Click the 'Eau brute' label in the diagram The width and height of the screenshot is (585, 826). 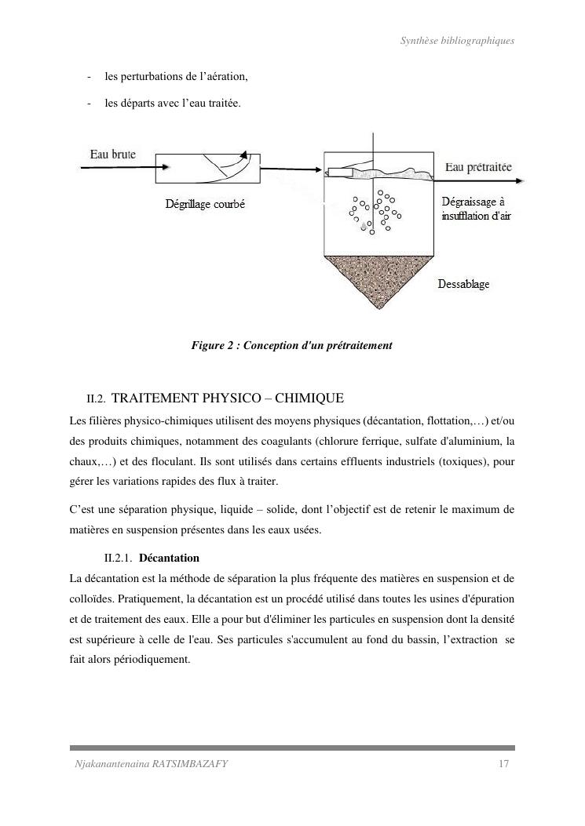coord(112,155)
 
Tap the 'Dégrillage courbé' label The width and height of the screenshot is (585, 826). coord(205,204)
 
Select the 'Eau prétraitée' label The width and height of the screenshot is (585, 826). coord(478,167)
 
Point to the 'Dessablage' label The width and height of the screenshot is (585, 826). coord(463,284)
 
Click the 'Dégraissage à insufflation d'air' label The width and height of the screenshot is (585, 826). coord(476,209)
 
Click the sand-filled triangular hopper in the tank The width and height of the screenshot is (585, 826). coord(380,278)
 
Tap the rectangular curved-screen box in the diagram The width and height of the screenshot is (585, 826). coord(209,166)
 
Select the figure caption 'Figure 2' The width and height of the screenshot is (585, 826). coord(291,345)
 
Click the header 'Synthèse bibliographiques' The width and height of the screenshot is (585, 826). coord(456,41)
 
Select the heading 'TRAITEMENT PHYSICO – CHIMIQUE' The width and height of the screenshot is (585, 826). coord(234,398)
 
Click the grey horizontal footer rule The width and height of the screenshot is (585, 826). coord(292,748)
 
